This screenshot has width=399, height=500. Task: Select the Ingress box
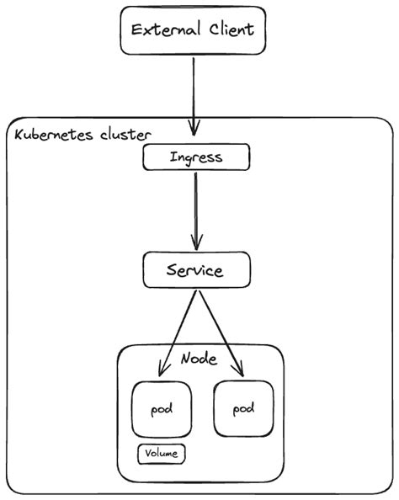point(197,157)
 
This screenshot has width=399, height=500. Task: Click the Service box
point(195,271)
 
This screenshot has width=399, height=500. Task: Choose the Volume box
point(162,454)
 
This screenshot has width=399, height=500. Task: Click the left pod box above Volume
point(162,409)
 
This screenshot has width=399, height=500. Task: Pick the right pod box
point(243,408)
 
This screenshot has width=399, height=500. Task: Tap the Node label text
point(199,359)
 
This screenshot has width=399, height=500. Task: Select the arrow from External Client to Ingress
point(194,93)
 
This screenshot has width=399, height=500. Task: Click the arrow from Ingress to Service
point(196,210)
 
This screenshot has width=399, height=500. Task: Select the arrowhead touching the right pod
point(242,370)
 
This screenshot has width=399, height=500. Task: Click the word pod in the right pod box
point(243,409)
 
